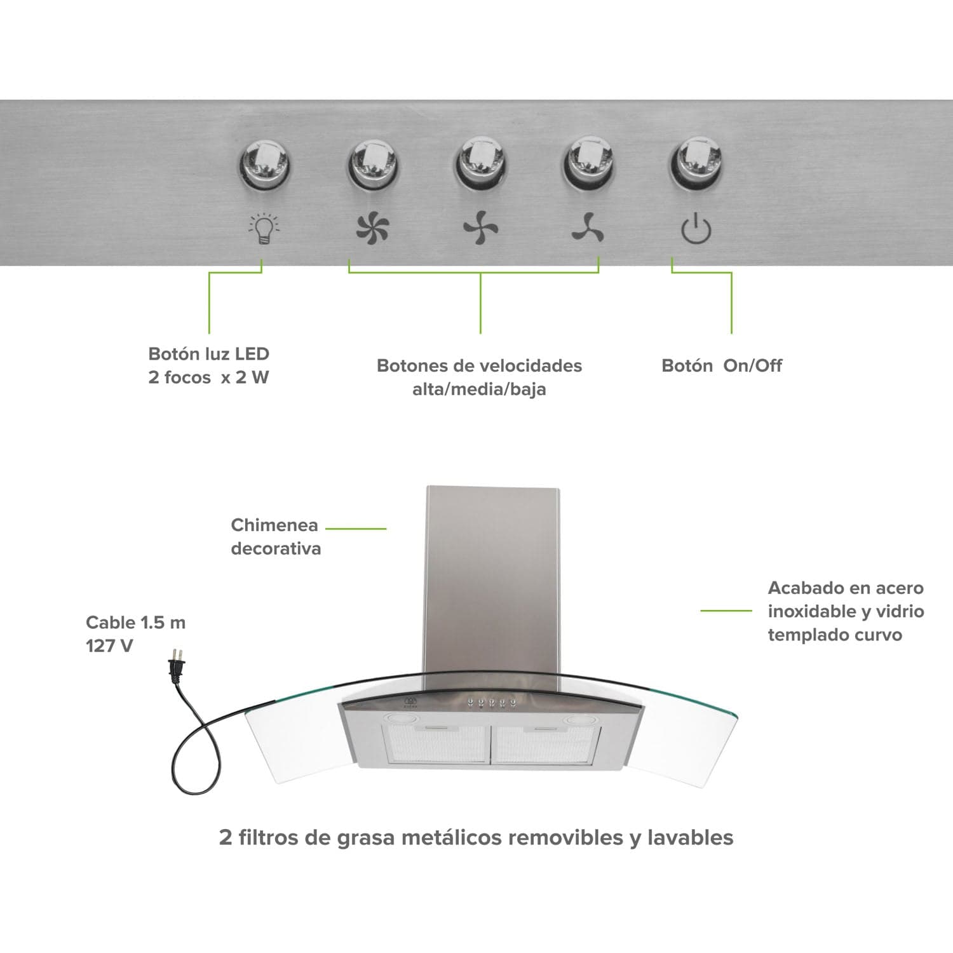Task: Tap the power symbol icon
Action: pos(696,229)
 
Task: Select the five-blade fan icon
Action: pos(372,228)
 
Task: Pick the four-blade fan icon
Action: pos(480,228)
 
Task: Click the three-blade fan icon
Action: pos(588,228)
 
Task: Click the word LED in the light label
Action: pos(252,354)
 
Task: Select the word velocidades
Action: pos(531,365)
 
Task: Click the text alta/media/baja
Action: pos(479,389)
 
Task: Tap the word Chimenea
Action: pos(274,525)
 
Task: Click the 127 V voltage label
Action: pos(109,646)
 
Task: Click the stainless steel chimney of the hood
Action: pos(492,572)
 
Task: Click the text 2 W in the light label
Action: pos(252,377)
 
